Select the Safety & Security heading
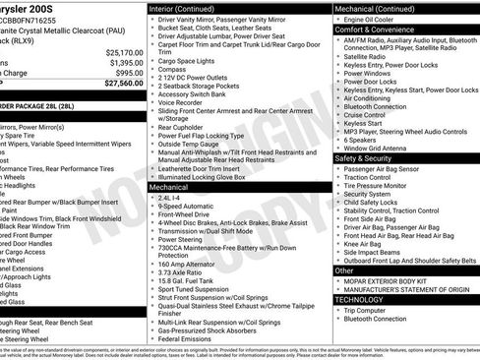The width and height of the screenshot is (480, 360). [370, 157]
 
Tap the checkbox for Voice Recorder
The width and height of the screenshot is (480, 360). [150, 129]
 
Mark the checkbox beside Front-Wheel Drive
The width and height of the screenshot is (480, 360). [150, 212]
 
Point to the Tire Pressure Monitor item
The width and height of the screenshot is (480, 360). [379, 184]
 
